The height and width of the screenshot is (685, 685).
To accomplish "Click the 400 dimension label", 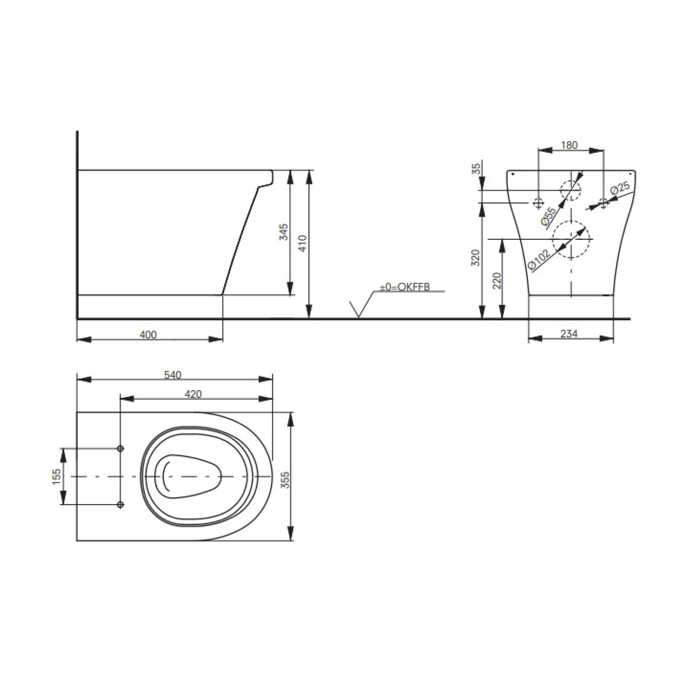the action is click(148, 334).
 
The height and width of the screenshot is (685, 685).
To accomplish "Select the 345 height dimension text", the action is click(284, 232).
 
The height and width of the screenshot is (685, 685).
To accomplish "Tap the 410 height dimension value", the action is click(303, 243).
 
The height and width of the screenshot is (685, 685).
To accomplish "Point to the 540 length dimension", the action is click(172, 375).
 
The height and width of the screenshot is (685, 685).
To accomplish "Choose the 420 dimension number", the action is click(193, 394).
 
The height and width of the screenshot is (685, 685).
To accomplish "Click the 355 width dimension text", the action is click(285, 480).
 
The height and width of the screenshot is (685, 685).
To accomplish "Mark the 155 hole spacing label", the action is click(56, 476).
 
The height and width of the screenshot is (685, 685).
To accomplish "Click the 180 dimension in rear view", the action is click(569, 145).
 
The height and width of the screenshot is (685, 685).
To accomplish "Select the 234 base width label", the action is click(569, 333).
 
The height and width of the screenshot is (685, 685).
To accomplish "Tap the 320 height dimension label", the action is click(475, 258).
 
